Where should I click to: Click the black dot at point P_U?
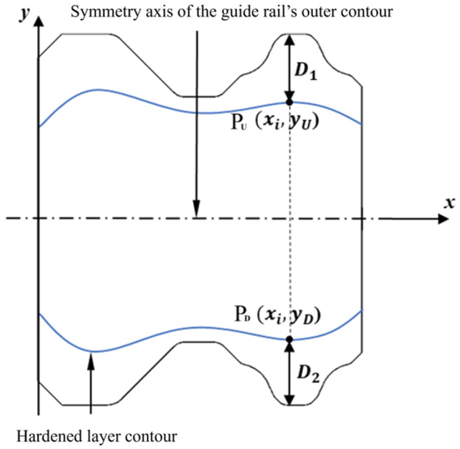[290, 102]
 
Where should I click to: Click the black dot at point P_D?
[290, 339]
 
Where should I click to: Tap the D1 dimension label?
[306, 71]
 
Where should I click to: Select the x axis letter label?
[449, 203]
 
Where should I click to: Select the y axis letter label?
[25, 14]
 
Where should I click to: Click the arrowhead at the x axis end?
[443, 219]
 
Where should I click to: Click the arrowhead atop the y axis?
[38, 21]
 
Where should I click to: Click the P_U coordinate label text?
[275, 122]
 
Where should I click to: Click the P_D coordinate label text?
[277, 315]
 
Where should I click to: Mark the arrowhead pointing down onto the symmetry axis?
[197, 208]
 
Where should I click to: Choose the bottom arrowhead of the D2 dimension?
[290, 399]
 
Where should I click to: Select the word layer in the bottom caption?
[104, 437]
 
